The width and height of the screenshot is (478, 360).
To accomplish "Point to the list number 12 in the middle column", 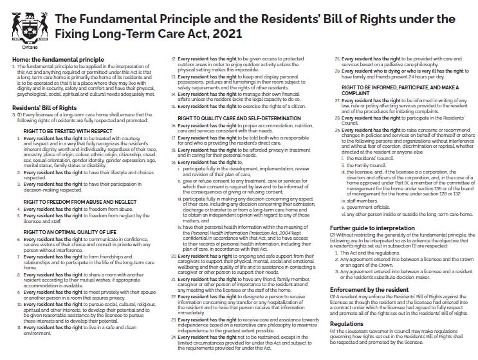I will (173, 59).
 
